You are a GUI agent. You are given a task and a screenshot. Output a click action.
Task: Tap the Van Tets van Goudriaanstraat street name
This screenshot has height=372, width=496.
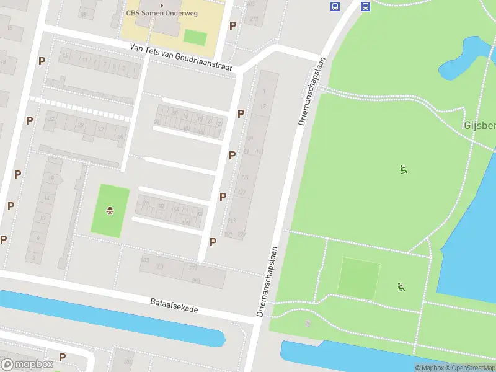(x=182, y=57)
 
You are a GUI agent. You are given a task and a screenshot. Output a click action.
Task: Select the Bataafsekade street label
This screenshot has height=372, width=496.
(x=174, y=304)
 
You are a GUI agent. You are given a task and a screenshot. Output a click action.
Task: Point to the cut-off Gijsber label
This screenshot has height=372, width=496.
(x=480, y=126)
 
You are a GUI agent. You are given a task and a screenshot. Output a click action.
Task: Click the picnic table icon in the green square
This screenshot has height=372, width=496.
(x=110, y=211)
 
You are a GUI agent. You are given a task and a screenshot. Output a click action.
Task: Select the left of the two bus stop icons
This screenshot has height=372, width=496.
(x=335, y=7)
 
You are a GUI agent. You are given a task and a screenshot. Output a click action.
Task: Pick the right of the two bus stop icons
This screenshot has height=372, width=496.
(x=365, y=7)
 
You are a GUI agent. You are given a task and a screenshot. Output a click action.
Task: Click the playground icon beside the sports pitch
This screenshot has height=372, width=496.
(x=401, y=286)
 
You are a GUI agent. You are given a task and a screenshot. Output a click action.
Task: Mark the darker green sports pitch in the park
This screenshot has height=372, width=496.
(x=359, y=278)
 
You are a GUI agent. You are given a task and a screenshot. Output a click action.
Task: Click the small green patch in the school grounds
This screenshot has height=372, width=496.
(x=195, y=37)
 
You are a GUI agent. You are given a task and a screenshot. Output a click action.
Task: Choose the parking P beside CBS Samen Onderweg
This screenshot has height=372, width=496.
(x=233, y=25)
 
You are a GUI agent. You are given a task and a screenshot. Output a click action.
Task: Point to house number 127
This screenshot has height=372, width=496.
(x=242, y=193)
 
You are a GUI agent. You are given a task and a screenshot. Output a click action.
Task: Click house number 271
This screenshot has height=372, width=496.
(x=193, y=268)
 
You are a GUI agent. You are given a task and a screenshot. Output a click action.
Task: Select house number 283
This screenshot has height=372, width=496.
(x=196, y=281)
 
